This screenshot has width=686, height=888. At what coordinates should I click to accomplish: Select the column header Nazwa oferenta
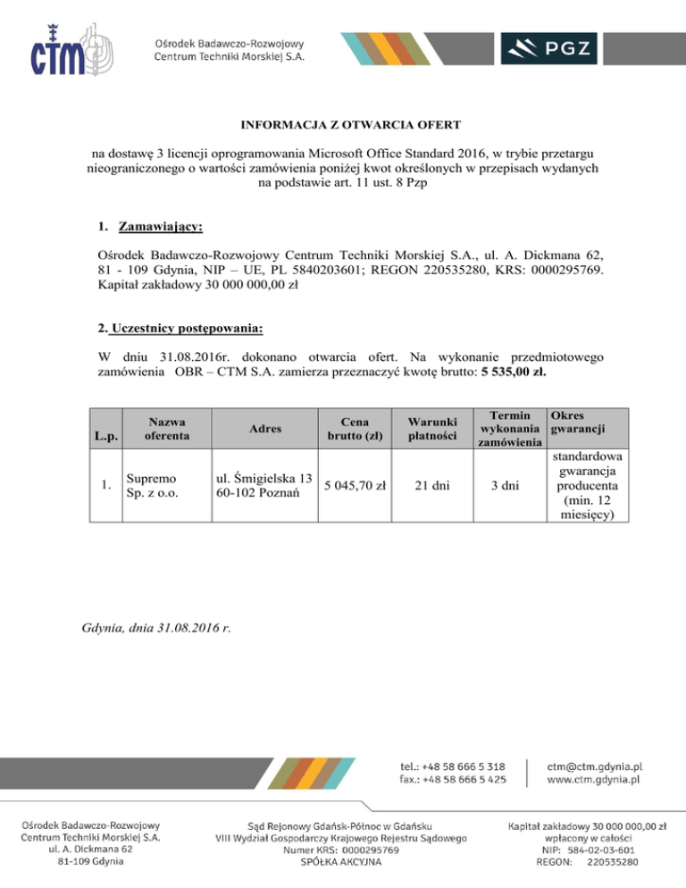[161, 428]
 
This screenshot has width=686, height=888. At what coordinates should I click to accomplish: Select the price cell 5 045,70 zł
[355, 486]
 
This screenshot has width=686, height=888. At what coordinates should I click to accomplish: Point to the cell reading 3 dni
[508, 486]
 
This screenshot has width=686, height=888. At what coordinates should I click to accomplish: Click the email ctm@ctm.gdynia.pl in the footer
[595, 766]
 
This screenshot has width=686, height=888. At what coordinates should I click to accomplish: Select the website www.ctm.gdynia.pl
[595, 780]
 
